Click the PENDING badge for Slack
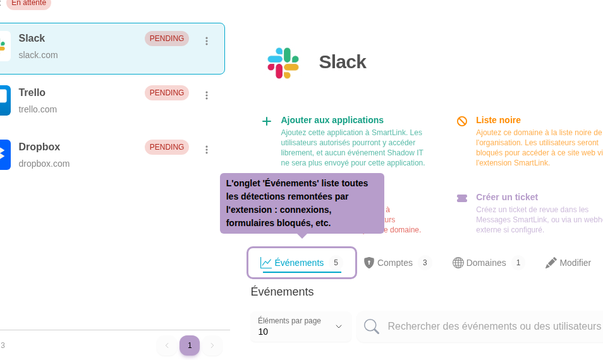click(167, 39)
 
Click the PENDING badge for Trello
click(167, 93)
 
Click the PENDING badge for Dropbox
click(167, 147)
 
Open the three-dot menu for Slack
click(207, 41)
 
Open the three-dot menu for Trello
click(207, 95)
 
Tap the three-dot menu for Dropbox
click(207, 150)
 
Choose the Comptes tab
click(396, 263)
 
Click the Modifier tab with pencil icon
click(568, 263)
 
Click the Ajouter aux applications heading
click(332, 120)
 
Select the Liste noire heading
click(498, 120)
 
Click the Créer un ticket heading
click(506, 197)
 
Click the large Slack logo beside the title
click(283, 63)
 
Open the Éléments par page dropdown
click(301, 327)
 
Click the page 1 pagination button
click(190, 345)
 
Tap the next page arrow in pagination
click(212, 345)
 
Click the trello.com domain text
click(38, 109)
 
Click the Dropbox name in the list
click(39, 147)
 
